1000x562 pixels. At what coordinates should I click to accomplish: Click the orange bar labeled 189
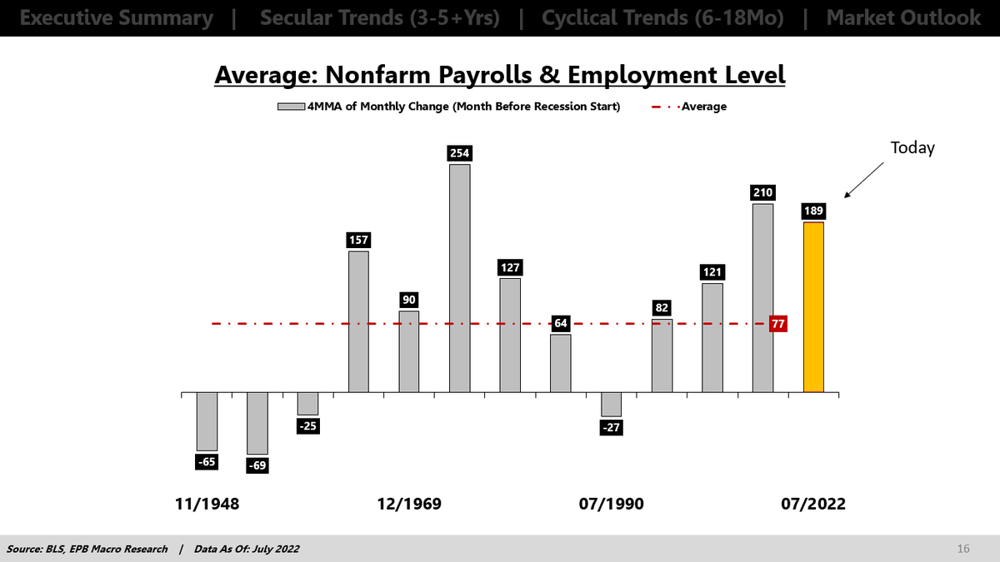click(813, 306)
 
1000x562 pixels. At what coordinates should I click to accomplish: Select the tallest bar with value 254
click(459, 278)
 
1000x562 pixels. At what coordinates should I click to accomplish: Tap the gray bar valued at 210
click(762, 297)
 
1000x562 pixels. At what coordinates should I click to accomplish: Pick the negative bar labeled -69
click(257, 423)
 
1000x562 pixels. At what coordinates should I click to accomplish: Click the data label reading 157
click(358, 240)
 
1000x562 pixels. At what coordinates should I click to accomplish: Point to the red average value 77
click(779, 324)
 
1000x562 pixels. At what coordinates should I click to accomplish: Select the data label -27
click(612, 427)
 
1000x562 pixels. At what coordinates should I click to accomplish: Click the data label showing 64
click(561, 323)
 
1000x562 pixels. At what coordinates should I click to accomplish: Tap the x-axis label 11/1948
click(207, 505)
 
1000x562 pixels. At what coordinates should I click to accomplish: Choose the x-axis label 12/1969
click(409, 505)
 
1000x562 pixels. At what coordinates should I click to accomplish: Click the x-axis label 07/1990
click(611, 505)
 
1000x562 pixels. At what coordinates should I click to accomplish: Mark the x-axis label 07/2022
click(812, 505)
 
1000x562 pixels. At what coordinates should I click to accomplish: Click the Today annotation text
click(912, 148)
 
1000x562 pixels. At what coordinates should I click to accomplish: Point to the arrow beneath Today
click(863, 181)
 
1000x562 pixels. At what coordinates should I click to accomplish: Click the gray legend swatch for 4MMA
click(292, 106)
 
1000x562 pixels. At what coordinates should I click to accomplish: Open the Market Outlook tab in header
click(903, 17)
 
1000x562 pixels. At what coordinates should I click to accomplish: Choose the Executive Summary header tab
click(116, 17)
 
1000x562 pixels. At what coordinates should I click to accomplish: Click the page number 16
click(963, 549)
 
